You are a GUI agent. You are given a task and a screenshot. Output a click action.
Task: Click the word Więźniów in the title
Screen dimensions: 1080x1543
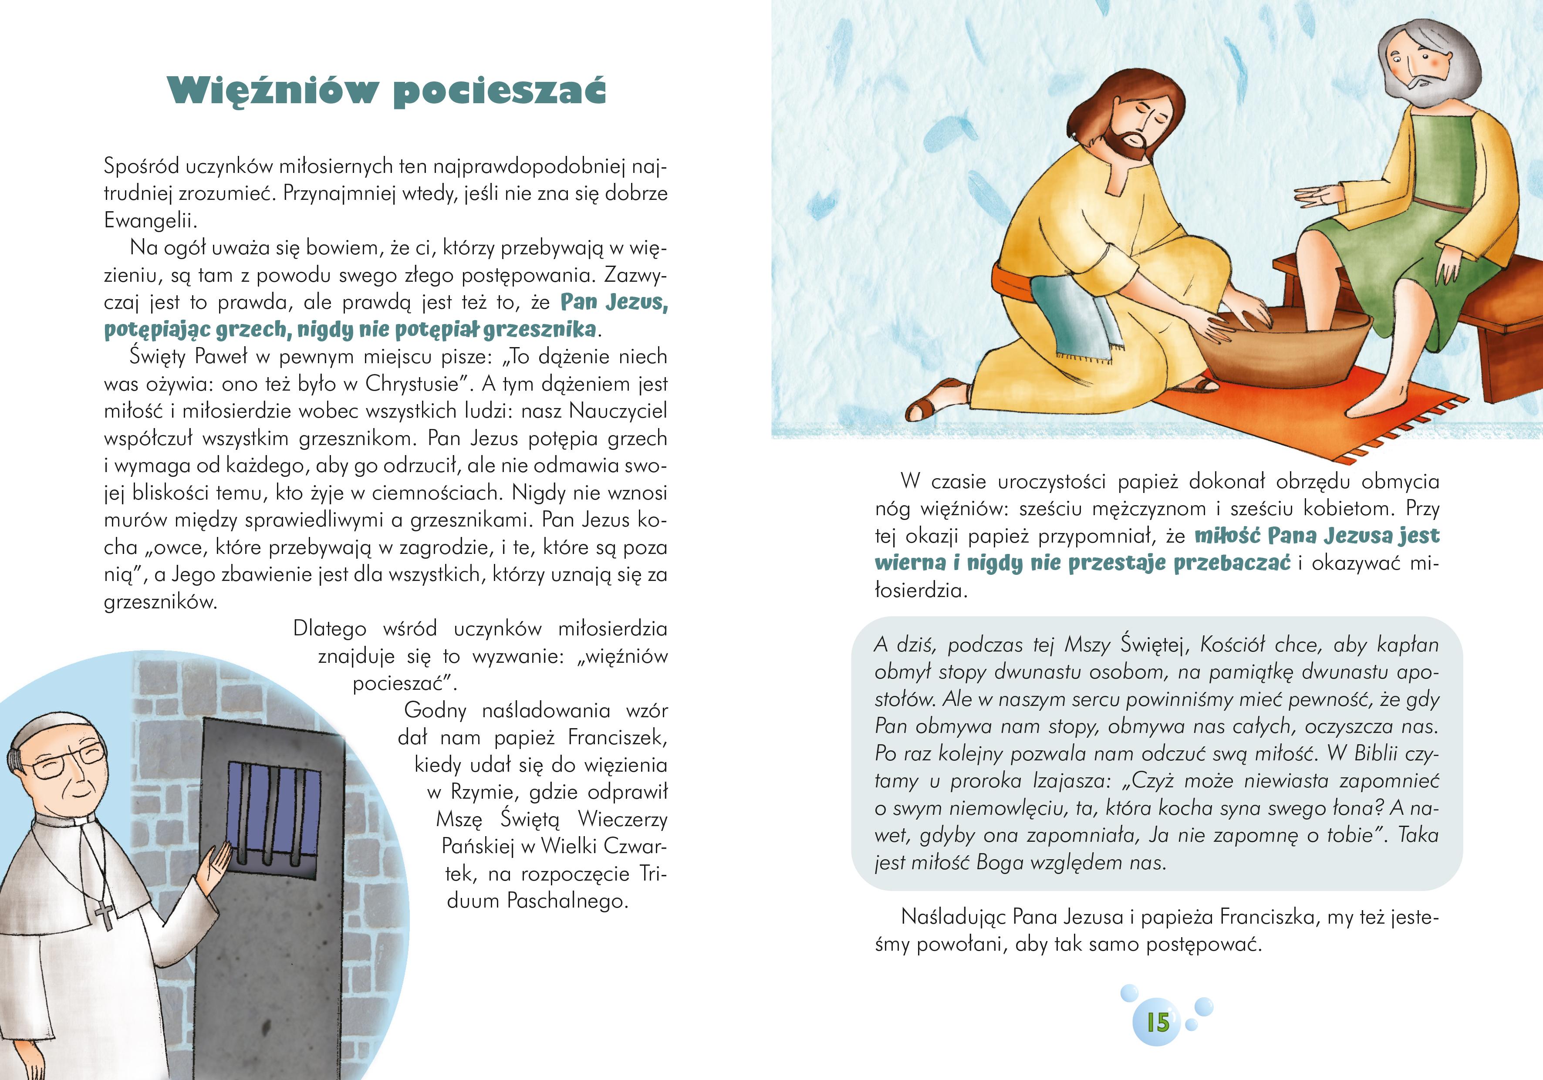[x=272, y=91]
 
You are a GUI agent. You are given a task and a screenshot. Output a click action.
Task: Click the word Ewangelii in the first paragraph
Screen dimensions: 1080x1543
[x=149, y=220]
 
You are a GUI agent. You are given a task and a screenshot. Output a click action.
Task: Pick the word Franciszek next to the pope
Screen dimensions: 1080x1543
[x=617, y=737]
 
